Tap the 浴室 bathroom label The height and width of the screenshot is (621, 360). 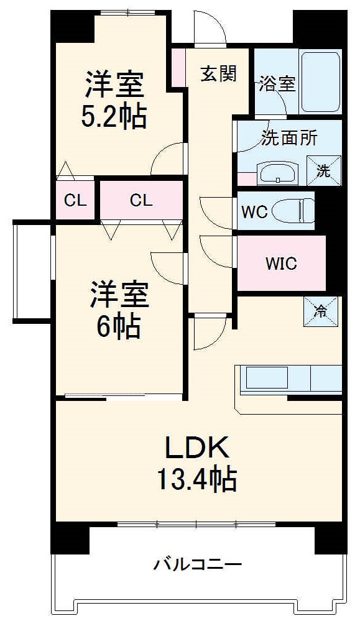point(278,84)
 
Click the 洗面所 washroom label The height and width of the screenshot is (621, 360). point(289,137)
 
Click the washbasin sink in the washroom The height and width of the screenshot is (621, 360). point(278,173)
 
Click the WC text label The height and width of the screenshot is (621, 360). point(254,212)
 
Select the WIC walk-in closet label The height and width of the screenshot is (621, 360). point(281,263)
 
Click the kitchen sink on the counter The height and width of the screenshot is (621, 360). point(266,379)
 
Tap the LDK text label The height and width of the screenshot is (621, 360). point(198,448)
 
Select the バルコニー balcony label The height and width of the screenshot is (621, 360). point(197,565)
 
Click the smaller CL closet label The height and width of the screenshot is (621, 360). point(75,201)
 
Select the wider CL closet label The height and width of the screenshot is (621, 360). point(141,200)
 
